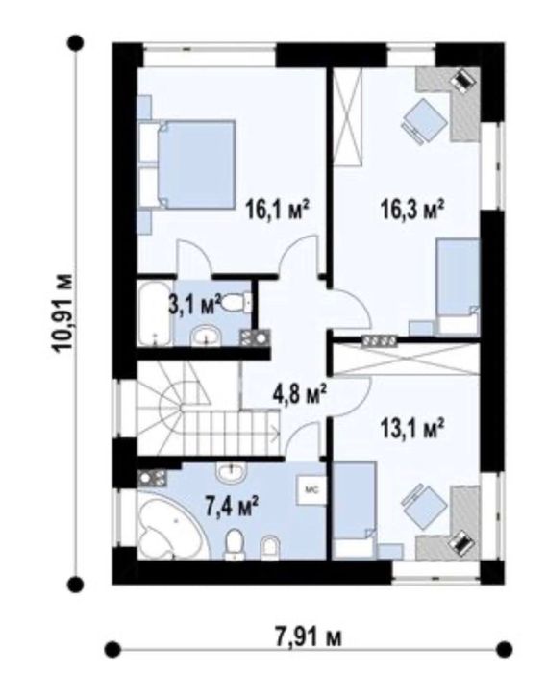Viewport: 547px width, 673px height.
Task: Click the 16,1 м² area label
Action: pyautogui.click(x=278, y=211)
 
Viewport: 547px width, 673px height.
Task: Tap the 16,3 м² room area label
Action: pyautogui.click(x=411, y=211)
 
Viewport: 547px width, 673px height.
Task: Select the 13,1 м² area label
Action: pyautogui.click(x=411, y=428)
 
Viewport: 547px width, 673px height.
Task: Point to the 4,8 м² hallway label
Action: pyautogui.click(x=300, y=393)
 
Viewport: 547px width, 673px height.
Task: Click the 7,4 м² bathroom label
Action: pyautogui.click(x=232, y=507)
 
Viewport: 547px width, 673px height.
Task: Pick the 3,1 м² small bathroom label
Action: pyautogui.click(x=194, y=304)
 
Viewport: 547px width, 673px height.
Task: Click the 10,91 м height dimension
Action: pyautogui.click(x=63, y=312)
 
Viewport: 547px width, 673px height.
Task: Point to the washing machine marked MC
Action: pyautogui.click(x=311, y=489)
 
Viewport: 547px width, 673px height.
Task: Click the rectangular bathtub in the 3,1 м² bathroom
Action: pyautogui.click(x=155, y=312)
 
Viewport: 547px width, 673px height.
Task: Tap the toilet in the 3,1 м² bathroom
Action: pyautogui.click(x=237, y=303)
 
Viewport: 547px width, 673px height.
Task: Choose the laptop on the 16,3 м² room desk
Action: pyautogui.click(x=462, y=80)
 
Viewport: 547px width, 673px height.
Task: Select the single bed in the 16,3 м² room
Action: pyautogui.click(x=458, y=287)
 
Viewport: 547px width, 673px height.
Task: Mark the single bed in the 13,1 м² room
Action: pyautogui.click(x=355, y=510)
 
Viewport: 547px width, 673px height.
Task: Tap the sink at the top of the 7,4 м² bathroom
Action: pyautogui.click(x=232, y=472)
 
